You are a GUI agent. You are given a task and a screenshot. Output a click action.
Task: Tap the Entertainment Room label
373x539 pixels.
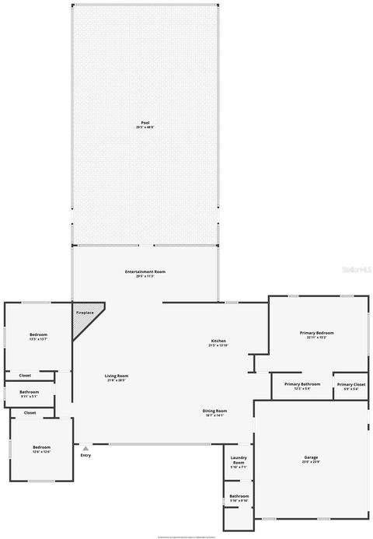pos(145,273)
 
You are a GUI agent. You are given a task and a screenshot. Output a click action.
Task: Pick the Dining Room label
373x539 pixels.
pos(214,412)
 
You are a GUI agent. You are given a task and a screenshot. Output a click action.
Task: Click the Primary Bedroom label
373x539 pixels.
pos(316,334)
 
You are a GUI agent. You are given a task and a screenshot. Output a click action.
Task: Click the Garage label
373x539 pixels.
pos(311,459)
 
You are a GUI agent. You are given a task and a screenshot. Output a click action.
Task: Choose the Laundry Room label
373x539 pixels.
pos(239,462)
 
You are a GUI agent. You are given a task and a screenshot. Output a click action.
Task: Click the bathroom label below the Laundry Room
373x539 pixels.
pos(239,498)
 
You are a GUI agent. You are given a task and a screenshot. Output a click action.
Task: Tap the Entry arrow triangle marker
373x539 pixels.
pos(85,448)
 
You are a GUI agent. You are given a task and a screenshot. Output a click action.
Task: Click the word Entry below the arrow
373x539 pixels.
pos(85,456)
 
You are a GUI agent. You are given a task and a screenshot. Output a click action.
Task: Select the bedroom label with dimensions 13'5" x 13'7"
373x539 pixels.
pos(38,336)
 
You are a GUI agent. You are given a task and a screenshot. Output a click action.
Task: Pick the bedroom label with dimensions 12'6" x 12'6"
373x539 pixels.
pos(41,449)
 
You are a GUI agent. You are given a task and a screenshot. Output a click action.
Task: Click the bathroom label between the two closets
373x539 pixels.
pos(30,394)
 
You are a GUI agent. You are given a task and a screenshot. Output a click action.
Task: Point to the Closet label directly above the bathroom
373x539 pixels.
pos(25,376)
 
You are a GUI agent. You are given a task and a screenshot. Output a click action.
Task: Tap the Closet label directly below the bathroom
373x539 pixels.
pos(30,413)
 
